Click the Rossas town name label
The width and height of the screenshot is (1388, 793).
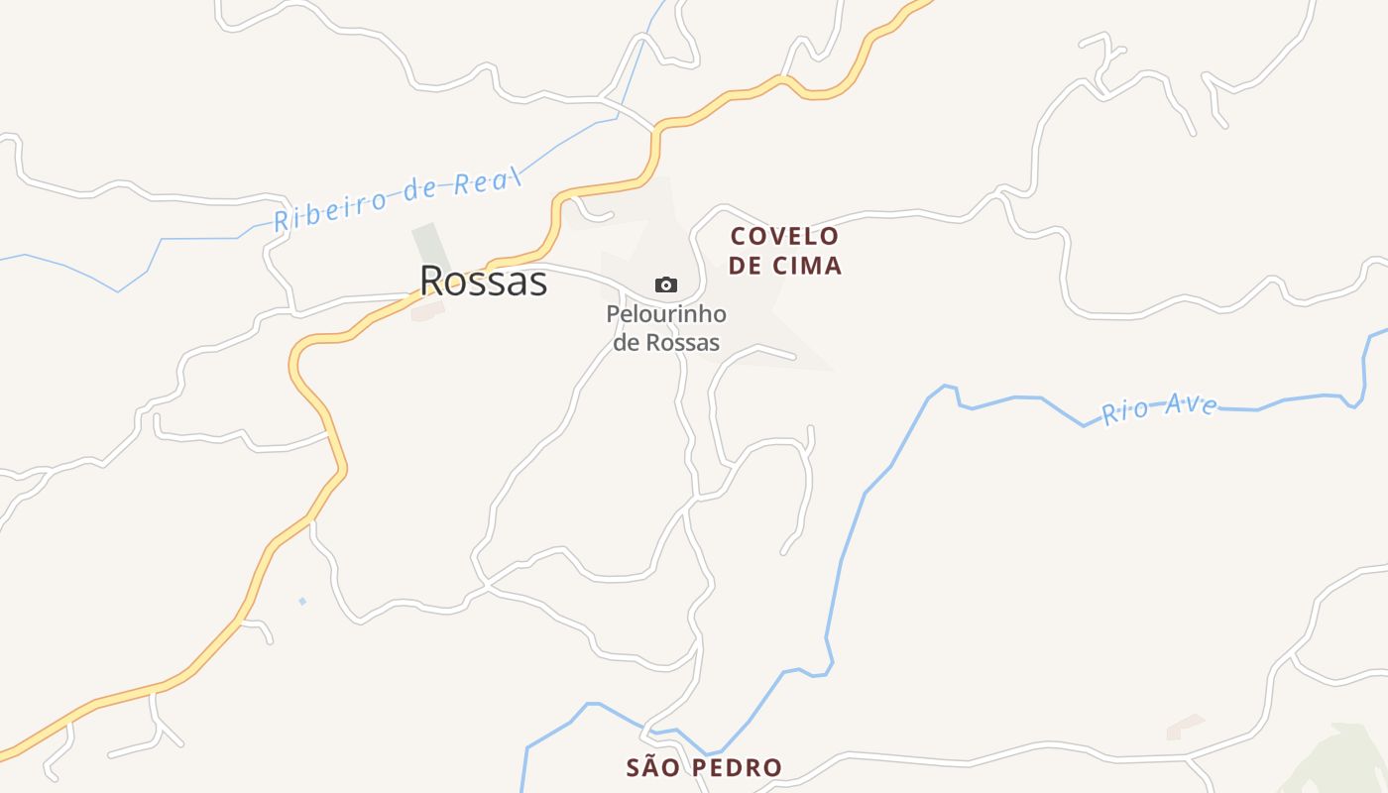point(483,282)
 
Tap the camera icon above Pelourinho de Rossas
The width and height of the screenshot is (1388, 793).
point(666,285)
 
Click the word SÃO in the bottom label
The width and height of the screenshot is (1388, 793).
point(652,767)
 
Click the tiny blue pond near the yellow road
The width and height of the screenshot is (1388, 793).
point(302,601)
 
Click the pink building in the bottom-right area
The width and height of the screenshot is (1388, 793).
point(1185,727)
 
